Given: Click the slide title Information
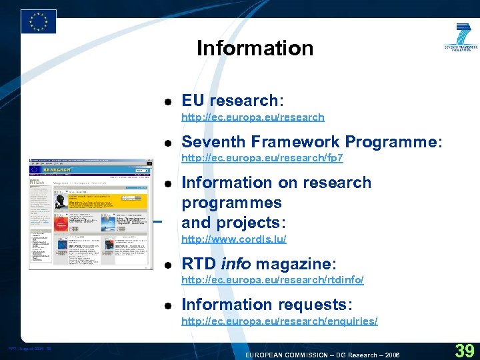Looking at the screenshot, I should pyautogui.click(x=255, y=48).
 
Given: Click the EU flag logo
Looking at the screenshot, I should pyautogui.click(x=39, y=21).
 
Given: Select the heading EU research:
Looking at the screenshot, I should pyautogui.click(x=233, y=101).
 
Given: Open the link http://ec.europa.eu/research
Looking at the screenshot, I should pyautogui.click(x=253, y=117).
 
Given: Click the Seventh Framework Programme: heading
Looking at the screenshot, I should pyautogui.click(x=312, y=141).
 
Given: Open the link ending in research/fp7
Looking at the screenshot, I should pyautogui.click(x=262, y=158).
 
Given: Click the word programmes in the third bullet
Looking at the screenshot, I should pyautogui.click(x=231, y=203).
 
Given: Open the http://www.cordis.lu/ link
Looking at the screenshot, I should pyautogui.click(x=234, y=239).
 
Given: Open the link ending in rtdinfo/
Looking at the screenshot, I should pyautogui.click(x=273, y=280).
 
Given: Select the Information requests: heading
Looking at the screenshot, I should pyautogui.click(x=267, y=304).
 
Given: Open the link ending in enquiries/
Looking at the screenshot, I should pyautogui.click(x=279, y=321).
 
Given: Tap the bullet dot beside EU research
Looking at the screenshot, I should pyautogui.click(x=169, y=101).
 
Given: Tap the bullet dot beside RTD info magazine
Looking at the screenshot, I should pyautogui.click(x=169, y=264).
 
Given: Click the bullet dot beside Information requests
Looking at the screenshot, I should pyautogui.click(x=169, y=305).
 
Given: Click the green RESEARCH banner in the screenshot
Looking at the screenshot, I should pyautogui.click(x=57, y=170).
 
